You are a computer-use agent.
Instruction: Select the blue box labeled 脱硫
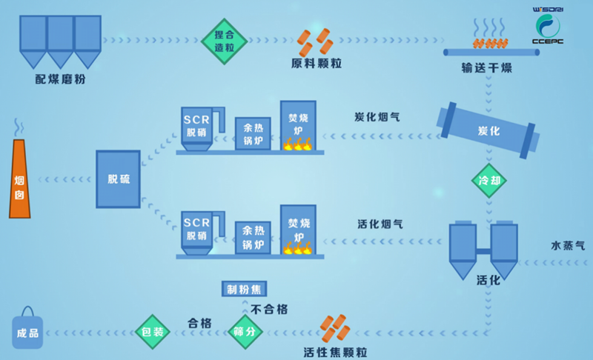pos(118,179)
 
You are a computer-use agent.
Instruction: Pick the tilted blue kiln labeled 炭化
pos(486,130)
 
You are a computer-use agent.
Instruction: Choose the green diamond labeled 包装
pos(152,331)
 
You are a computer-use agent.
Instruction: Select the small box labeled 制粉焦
pos(244,288)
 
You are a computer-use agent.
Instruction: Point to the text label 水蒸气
pos(567,244)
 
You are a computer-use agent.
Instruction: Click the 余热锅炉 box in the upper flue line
pos(252,133)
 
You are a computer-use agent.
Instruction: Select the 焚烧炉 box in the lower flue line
pos(298,230)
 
